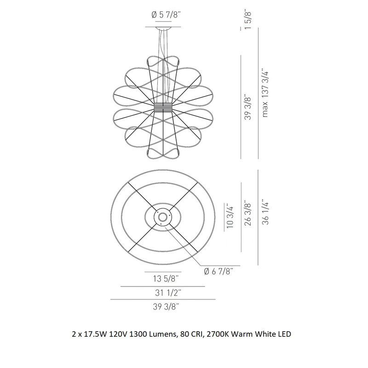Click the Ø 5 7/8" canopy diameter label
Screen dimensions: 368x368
coord(167,15)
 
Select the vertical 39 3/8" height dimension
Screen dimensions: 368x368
coord(248,108)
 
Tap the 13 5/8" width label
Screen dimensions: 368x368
coord(163,278)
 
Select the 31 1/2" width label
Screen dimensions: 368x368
coord(163,292)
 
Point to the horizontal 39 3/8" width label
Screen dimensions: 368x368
coord(163,306)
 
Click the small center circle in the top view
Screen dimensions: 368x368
coord(163,216)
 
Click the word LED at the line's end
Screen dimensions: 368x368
coord(284,334)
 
